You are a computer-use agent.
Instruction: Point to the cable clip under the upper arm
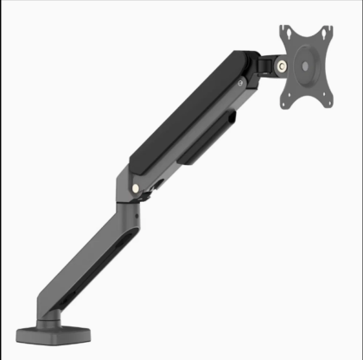tap(192, 149)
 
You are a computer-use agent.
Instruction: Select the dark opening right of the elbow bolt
tap(156, 185)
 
